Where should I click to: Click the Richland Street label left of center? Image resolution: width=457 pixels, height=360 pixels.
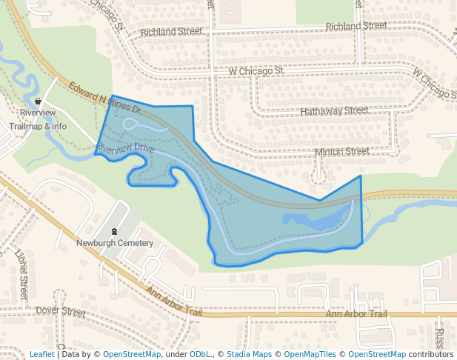170,32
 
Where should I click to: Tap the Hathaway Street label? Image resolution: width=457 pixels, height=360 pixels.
334,110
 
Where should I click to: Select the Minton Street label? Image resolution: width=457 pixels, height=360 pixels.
341,151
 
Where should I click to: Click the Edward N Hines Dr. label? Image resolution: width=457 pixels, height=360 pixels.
105,97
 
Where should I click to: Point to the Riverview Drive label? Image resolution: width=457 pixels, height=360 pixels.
125,149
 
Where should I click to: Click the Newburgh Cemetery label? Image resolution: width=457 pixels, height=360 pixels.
115,243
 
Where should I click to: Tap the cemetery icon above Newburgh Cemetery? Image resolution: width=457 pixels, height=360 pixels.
114,230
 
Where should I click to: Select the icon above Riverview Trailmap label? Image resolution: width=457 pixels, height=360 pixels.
38,101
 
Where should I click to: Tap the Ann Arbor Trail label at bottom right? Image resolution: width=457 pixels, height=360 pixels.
356,314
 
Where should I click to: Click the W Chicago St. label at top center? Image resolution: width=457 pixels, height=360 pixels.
256,70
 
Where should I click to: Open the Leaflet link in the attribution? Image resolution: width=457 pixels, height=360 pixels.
41,354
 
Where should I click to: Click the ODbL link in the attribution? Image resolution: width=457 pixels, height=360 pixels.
199,354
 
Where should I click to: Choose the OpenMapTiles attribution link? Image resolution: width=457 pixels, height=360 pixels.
310,354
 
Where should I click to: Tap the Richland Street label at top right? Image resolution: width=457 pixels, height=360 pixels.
356,26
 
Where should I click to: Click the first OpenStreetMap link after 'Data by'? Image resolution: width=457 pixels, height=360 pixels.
132,354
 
